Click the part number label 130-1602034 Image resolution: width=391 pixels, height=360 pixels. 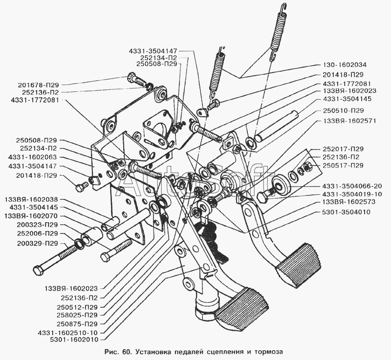344,64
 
